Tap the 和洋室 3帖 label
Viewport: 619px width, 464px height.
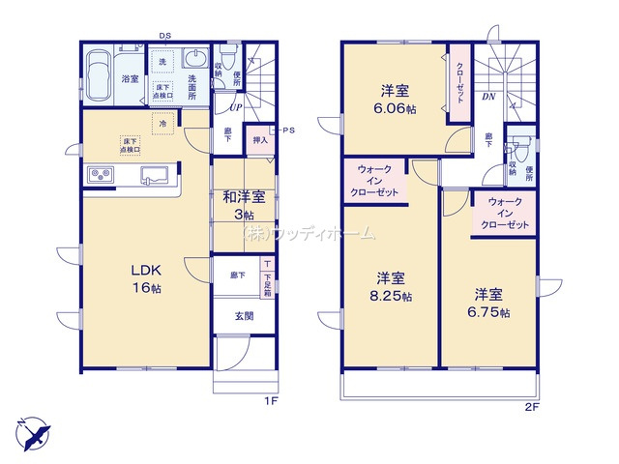click(239, 204)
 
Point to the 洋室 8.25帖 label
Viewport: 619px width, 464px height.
click(394, 287)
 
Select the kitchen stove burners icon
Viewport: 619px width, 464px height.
click(103, 174)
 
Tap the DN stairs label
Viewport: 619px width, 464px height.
click(489, 97)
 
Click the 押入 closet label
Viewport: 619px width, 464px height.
click(259, 140)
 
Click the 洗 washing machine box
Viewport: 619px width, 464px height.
click(162, 63)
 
